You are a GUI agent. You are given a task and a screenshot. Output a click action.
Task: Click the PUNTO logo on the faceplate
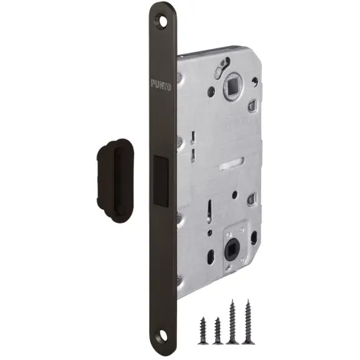pos(161,85)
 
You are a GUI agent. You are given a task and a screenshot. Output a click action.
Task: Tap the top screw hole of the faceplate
pos(161,22)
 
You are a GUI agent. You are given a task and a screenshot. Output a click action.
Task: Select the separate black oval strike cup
pos(116,181)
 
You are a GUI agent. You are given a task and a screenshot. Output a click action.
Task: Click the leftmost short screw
pos(204,329)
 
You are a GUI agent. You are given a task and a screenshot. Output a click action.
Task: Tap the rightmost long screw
pos(247,322)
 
